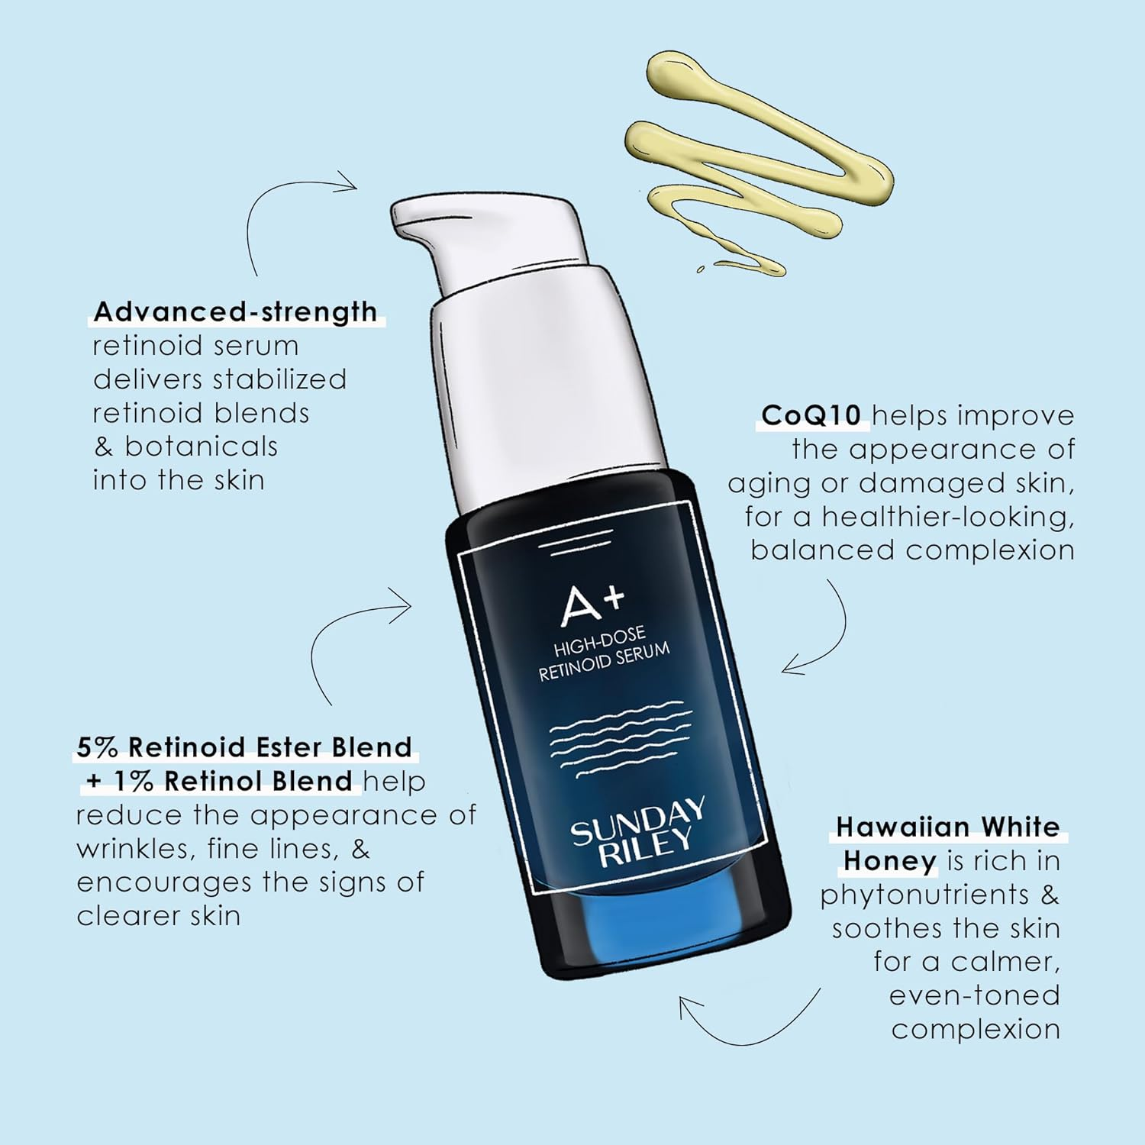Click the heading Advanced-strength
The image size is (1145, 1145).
(x=235, y=312)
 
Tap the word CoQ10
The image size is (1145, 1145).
(x=811, y=415)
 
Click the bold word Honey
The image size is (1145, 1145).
(x=889, y=861)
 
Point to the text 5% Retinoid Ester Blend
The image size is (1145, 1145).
(x=244, y=747)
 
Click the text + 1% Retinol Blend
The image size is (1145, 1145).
(x=219, y=781)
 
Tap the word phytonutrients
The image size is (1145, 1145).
(x=924, y=895)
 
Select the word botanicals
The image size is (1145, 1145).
(x=202, y=447)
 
